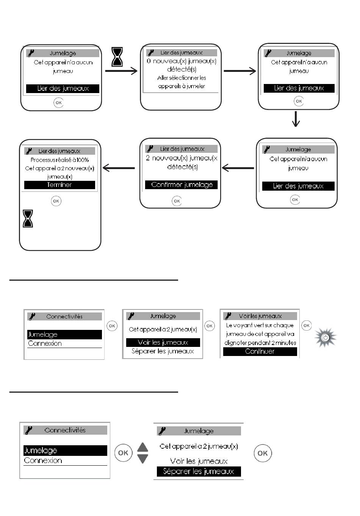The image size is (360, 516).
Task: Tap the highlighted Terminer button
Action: point(59,185)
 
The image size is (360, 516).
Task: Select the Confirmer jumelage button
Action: point(182,185)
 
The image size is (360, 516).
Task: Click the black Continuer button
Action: point(260,351)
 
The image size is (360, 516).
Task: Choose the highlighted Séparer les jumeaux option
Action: point(199,471)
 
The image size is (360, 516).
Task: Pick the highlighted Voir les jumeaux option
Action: point(163,342)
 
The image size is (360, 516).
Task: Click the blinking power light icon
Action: point(326,337)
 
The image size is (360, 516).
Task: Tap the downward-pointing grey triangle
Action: point(142,458)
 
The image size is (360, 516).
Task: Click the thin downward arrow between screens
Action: point(296,119)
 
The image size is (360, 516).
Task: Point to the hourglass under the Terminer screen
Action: point(28,218)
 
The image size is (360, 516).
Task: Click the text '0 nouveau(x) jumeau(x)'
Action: point(182,61)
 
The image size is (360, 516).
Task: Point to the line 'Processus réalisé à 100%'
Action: point(59,160)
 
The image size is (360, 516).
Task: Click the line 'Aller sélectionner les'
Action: point(182,78)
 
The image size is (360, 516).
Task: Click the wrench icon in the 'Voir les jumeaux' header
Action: point(228,316)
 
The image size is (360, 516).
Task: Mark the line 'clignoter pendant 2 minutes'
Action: point(260,343)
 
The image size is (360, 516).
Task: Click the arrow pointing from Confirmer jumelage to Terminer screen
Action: point(119,168)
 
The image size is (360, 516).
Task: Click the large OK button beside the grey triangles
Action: point(123,453)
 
